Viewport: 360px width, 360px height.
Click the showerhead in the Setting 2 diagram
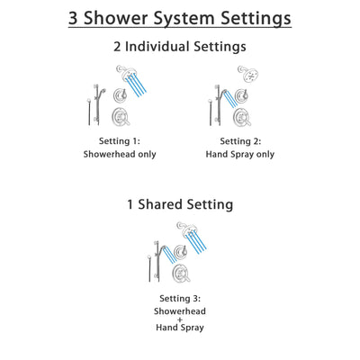[x=244, y=74]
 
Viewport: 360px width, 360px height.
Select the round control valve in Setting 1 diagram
[x=121, y=113]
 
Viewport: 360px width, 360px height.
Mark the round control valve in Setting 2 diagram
[x=237, y=113]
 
